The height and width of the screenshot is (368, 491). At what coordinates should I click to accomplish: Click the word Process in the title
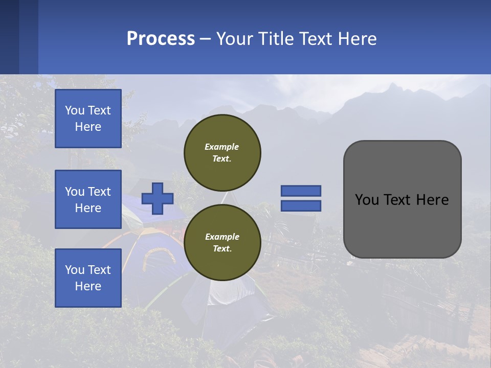point(161,39)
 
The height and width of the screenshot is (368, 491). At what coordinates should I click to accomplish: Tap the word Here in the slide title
point(356,39)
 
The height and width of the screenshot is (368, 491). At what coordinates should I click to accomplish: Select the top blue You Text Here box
point(88,119)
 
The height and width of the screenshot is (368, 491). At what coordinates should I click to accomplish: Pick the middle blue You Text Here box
point(88,199)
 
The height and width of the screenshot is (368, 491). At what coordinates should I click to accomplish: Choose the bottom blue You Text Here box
point(88,278)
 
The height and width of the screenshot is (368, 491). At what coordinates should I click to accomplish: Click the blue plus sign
point(158,198)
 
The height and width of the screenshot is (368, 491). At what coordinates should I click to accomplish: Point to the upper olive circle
point(222,152)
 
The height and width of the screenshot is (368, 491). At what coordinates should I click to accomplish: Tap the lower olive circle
point(222,242)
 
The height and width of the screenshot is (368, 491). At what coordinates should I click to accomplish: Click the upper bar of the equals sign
point(301,191)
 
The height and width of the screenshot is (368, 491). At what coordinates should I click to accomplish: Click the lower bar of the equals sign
point(301,205)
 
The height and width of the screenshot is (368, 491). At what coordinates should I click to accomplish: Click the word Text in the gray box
point(400,199)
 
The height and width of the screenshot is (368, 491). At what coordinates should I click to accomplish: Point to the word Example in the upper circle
point(222,147)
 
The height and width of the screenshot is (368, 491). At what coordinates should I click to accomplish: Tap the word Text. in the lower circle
point(222,249)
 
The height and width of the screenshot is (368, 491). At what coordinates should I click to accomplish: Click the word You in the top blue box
point(75,110)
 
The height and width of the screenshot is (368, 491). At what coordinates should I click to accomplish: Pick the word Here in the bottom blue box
point(88,286)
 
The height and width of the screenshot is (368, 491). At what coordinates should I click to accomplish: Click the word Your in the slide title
point(234,39)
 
